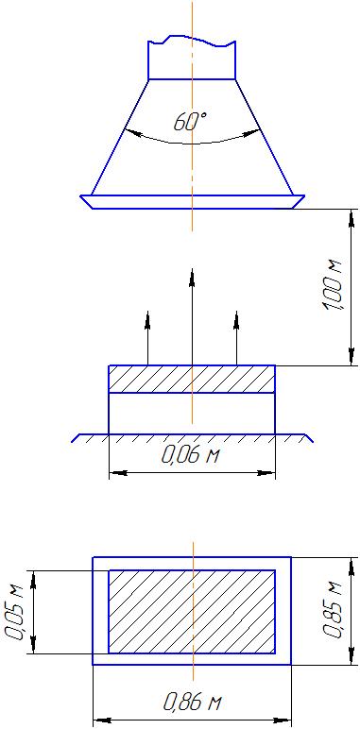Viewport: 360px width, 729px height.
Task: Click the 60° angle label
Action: (190, 122)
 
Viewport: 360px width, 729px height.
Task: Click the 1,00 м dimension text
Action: (333, 287)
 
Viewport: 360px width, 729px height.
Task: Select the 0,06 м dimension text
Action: (190, 455)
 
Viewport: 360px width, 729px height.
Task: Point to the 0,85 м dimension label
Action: (333, 610)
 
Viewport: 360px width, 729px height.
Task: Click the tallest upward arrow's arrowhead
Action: (192, 278)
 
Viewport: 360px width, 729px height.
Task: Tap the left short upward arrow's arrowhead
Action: (147, 320)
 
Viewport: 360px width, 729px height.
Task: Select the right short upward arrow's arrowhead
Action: (236, 320)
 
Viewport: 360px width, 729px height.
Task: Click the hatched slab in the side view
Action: (192, 379)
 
